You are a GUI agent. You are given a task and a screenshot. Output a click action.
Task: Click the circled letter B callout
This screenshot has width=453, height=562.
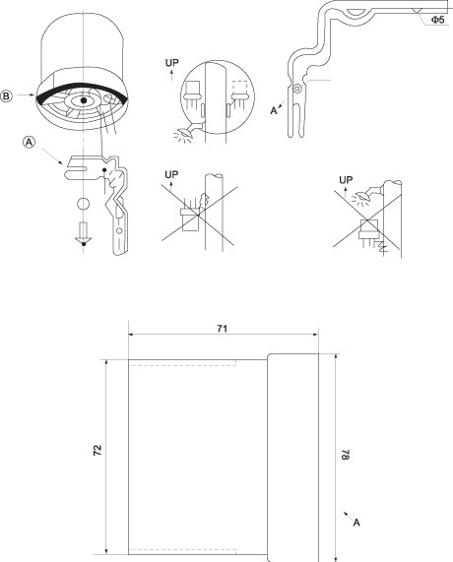[x=6, y=96]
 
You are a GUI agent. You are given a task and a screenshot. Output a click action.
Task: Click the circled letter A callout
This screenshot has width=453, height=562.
[x=30, y=143]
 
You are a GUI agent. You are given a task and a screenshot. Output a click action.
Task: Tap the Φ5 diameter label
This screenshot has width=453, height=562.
[x=437, y=20]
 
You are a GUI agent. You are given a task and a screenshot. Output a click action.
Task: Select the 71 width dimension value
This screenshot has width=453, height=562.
[x=223, y=329]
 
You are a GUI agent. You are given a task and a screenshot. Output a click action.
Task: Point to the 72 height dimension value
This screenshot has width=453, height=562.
[x=97, y=450]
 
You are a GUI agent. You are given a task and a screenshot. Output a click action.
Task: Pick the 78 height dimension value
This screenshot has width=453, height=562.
[x=345, y=454]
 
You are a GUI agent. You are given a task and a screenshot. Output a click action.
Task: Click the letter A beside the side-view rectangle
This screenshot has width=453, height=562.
[x=356, y=523]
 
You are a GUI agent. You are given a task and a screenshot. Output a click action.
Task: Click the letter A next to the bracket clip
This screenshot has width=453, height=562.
[x=274, y=111]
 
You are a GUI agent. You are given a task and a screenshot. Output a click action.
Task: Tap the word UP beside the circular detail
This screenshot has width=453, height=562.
[x=171, y=63]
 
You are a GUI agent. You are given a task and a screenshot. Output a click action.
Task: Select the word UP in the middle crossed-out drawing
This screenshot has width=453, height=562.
[x=171, y=174]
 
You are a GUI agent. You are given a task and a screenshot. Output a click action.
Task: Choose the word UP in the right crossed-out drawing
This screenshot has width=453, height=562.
[x=346, y=179]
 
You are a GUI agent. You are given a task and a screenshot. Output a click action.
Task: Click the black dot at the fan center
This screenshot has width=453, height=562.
[x=84, y=100]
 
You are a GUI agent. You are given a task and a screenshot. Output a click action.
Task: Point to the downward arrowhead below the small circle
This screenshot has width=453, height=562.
[x=83, y=241]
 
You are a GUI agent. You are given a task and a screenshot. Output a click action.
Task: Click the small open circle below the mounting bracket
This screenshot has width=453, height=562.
[x=83, y=204]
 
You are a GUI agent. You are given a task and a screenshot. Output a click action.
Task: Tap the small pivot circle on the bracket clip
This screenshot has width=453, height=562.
[x=296, y=88]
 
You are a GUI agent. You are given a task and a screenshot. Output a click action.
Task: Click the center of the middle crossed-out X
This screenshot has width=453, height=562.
[x=198, y=216]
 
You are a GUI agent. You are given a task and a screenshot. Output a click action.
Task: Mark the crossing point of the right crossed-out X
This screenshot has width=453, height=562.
[x=367, y=220]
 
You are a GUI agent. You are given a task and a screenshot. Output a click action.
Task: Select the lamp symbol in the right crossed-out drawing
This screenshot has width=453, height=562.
[x=362, y=197]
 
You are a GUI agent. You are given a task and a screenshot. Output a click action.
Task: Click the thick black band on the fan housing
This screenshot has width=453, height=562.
[x=83, y=87]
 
